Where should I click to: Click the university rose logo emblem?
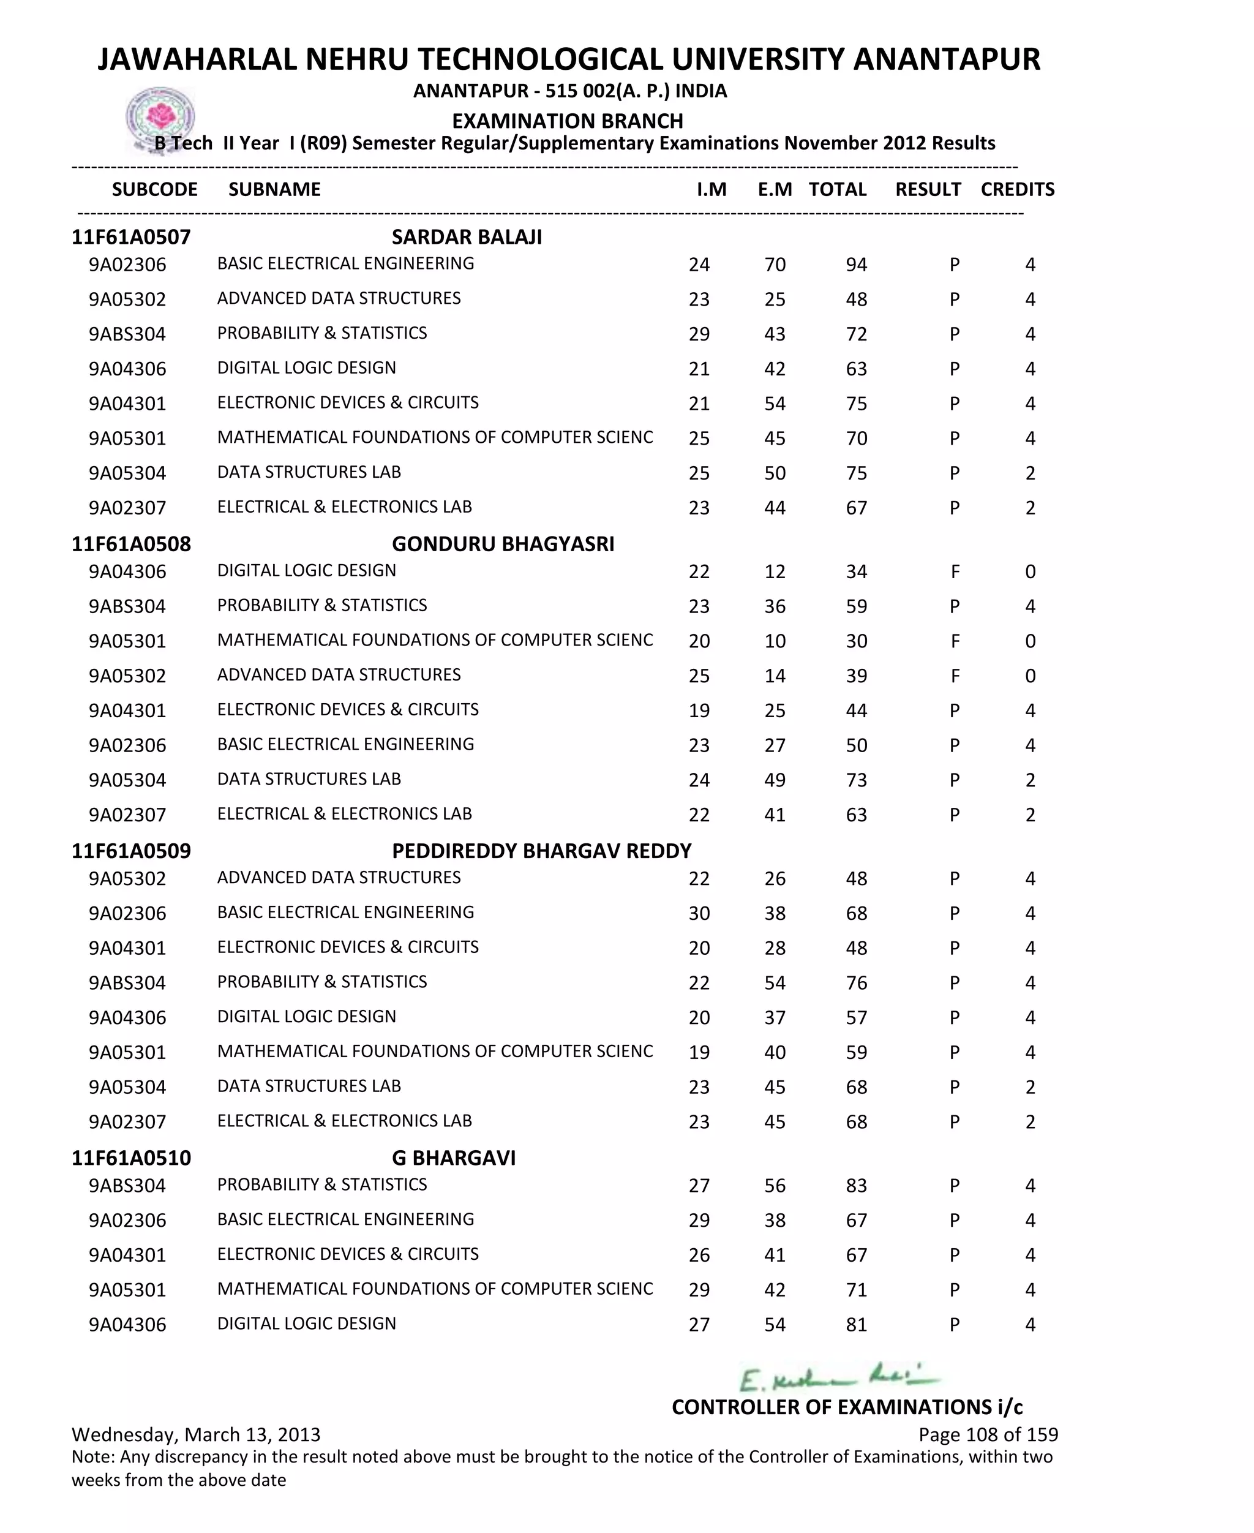coord(160,117)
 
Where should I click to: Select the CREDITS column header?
coord(1017,189)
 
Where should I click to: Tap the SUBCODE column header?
coord(154,189)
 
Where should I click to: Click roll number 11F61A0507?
coord(131,237)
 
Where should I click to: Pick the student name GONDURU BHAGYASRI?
coord(503,544)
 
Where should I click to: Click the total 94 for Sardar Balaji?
coord(856,265)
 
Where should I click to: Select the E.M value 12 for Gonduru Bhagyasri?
coord(775,571)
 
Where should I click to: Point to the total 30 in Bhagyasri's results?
coord(856,641)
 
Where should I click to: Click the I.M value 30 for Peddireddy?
coord(699,913)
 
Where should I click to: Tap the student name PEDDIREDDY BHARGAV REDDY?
coord(542,851)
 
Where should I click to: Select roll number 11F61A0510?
coord(131,1158)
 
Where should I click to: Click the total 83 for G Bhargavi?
coord(856,1186)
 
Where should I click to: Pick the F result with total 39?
coord(955,676)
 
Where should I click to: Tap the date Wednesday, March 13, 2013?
coord(196,1434)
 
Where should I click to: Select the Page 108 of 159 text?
coord(988,1434)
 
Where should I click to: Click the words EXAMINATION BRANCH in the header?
coord(567,121)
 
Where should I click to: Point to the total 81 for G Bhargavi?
coord(856,1324)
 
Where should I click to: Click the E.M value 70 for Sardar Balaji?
coord(775,265)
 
